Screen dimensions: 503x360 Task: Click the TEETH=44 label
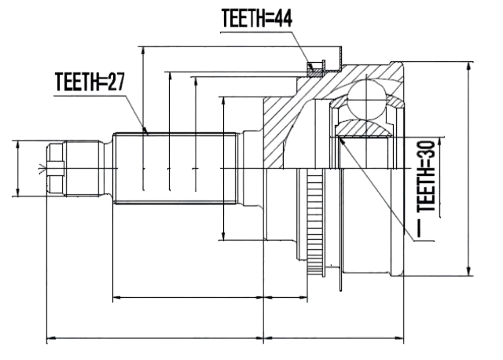click(257, 18)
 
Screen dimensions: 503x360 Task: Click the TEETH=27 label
click(90, 82)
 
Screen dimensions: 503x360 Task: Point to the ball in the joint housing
click(367, 100)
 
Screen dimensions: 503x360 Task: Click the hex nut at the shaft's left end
click(56, 168)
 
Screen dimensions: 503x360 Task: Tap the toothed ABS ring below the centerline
click(314, 223)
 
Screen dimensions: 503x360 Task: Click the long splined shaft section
click(175, 168)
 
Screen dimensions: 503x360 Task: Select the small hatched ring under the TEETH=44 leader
click(314, 69)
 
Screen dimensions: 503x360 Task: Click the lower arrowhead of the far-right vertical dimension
click(469, 270)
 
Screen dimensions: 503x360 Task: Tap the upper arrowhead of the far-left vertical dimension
click(17, 145)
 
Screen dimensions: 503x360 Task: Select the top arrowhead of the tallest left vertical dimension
click(143, 51)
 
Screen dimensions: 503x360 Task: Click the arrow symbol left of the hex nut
click(42, 168)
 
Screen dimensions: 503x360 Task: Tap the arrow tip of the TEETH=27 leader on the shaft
click(148, 133)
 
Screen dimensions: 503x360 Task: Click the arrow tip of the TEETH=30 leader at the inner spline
click(340, 138)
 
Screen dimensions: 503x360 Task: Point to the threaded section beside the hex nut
click(82, 168)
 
